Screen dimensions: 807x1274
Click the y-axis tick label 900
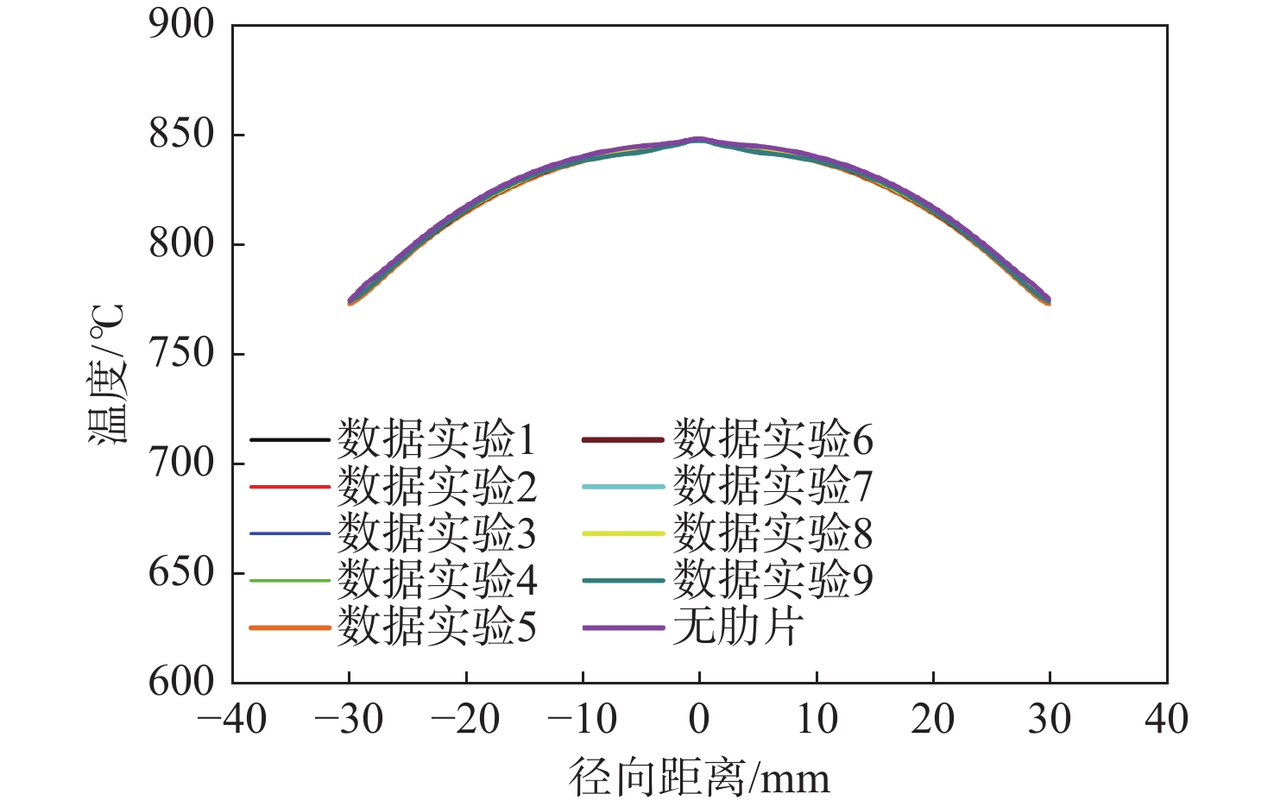tap(181, 24)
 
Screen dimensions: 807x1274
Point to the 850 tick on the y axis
tap(181, 134)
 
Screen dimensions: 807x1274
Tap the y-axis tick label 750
tap(181, 353)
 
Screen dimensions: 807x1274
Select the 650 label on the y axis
tap(181, 572)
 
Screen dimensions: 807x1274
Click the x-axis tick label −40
tap(232, 719)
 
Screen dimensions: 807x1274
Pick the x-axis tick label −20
tap(466, 719)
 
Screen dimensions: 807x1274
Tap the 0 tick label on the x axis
tap(699, 719)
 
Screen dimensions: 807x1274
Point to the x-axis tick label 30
tap(1050, 719)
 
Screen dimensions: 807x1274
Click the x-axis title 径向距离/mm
tap(699, 778)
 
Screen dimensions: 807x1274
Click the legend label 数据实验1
tap(437, 439)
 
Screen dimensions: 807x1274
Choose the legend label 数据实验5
tap(437, 626)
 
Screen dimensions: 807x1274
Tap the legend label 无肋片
tap(738, 626)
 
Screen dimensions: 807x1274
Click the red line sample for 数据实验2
tap(290, 487)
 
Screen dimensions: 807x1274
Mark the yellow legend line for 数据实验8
tap(623, 533)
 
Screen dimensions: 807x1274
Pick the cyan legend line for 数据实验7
tap(623, 487)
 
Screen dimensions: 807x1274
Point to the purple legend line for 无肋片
tap(623, 627)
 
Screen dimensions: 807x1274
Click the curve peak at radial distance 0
tap(699, 139)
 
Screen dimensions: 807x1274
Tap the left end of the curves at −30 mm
tap(350, 301)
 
